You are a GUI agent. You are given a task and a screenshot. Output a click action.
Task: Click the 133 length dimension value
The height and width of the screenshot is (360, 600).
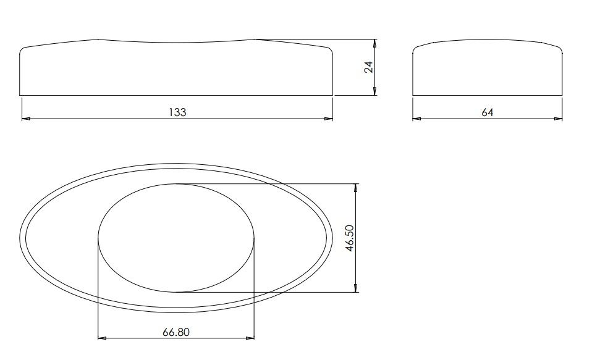coord(177,112)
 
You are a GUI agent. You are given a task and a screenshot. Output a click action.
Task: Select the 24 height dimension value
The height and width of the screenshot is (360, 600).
coord(369,67)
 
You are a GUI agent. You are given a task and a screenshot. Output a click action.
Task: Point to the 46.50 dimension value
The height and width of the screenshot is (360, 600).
coord(350,238)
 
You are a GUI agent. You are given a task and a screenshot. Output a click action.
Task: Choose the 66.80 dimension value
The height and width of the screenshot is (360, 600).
coord(176,332)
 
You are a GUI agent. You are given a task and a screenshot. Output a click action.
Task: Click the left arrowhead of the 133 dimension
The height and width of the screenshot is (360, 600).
coord(25,119)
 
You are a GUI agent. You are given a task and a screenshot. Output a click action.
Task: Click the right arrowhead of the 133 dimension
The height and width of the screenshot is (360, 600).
coord(329,119)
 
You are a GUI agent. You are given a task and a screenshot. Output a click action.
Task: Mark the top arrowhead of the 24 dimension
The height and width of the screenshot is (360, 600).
coord(375,43)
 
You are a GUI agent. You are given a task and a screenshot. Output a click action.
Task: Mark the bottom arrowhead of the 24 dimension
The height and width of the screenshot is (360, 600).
coord(375,92)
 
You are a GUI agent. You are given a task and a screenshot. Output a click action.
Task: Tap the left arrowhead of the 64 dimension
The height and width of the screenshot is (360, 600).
coord(416,119)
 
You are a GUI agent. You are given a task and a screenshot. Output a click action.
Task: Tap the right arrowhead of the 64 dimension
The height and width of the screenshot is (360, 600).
coord(559,119)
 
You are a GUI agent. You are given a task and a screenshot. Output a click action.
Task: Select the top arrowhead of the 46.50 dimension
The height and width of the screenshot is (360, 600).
coord(356,187)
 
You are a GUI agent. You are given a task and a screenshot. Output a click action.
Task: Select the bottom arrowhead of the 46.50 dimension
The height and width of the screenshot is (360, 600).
coord(356,288)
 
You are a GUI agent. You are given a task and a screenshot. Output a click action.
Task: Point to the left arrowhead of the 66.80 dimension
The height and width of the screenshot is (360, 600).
coord(102,338)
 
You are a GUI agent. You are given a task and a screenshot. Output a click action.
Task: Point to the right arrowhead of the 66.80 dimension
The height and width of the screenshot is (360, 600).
coord(251,338)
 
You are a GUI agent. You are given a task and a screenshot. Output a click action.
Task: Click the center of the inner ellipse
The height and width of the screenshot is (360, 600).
coord(176,238)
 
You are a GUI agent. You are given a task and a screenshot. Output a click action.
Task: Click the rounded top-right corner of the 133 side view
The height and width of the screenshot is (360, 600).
coord(330,49)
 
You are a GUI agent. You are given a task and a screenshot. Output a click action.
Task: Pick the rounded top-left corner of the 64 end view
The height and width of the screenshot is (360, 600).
coord(416,49)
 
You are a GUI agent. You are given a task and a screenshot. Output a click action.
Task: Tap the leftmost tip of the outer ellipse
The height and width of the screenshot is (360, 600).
coord(20,238)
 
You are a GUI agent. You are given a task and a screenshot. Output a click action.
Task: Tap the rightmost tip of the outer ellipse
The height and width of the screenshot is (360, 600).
coord(334,238)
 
